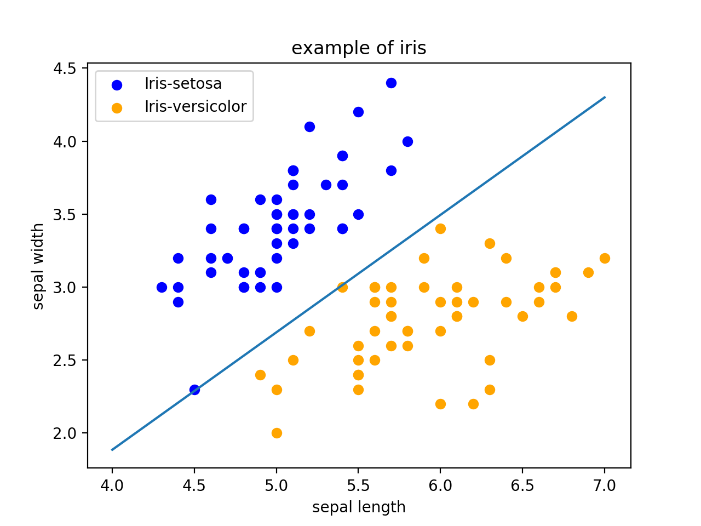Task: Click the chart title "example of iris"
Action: click(359, 48)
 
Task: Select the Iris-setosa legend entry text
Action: click(183, 84)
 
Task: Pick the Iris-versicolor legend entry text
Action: click(196, 106)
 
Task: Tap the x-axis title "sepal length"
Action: click(359, 507)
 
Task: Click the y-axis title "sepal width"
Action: click(38, 266)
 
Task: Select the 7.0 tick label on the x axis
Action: click(605, 485)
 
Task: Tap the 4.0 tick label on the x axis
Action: click(112, 485)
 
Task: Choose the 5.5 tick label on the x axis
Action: click(358, 485)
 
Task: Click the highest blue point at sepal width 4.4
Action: click(391, 83)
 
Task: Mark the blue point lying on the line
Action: click(194, 390)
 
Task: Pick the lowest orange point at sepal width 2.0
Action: click(277, 433)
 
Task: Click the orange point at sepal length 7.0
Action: click(605, 258)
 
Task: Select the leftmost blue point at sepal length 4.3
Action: click(162, 287)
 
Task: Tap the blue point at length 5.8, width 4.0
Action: click(407, 141)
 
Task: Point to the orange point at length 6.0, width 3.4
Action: click(440, 228)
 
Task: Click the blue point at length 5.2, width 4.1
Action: click(309, 127)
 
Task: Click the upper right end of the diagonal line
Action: click(604, 98)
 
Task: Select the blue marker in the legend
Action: click(117, 85)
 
